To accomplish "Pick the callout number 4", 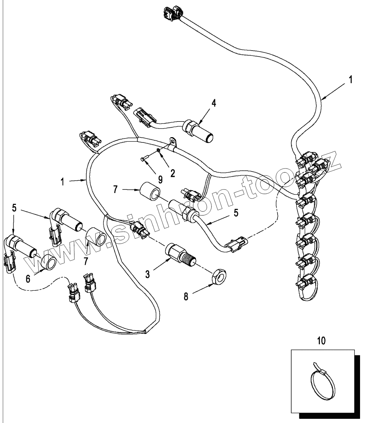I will pos(213,103).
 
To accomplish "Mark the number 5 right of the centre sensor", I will pos(236,213).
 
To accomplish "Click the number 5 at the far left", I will pos(14,208).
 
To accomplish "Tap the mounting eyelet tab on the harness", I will pos(173,142).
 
